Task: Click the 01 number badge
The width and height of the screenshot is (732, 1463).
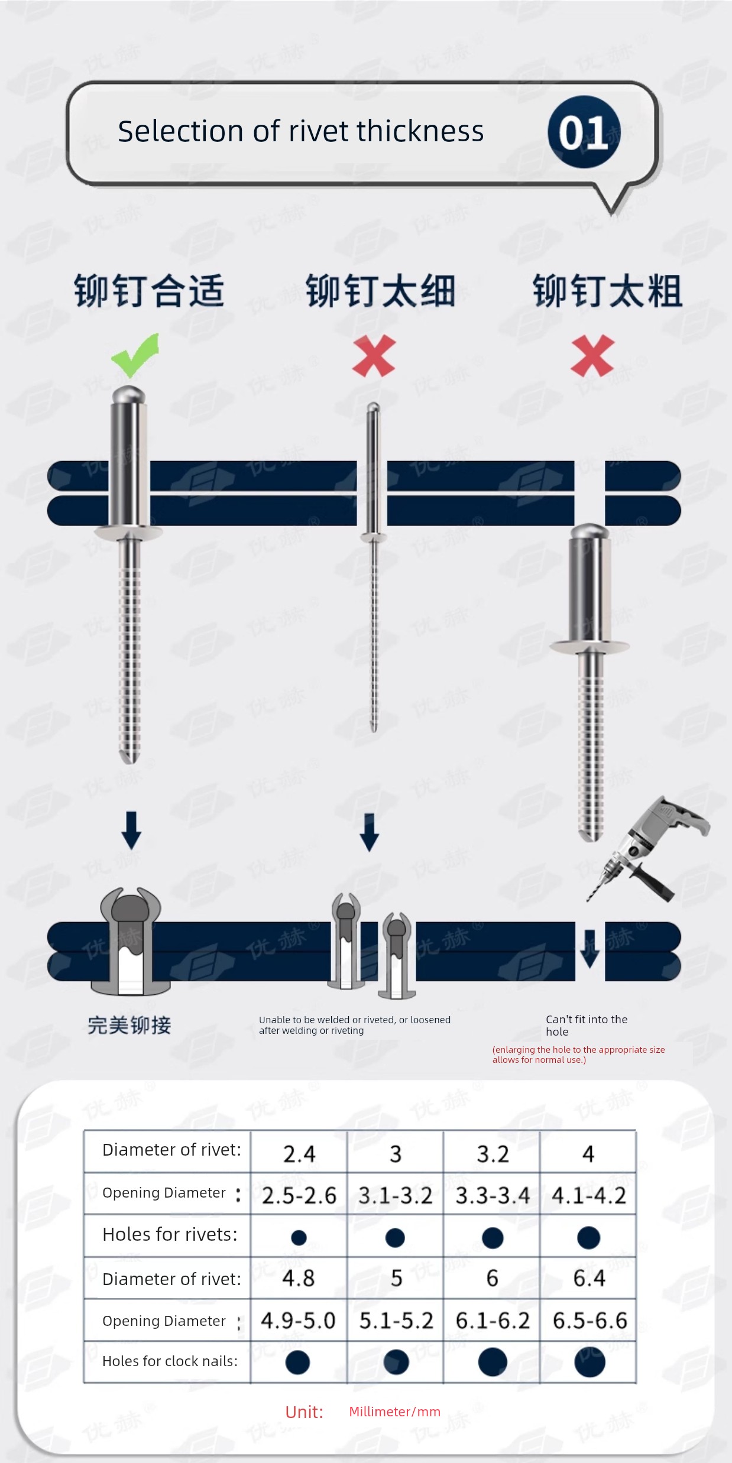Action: coord(584,132)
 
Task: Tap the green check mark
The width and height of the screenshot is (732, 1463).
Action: coord(135,355)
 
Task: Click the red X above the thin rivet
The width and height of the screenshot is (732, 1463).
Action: coord(374,355)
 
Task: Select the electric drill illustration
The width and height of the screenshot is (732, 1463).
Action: coord(648,848)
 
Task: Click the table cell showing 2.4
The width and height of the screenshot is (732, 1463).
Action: coord(299,1153)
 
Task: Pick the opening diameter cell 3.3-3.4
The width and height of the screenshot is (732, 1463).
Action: coord(493,1195)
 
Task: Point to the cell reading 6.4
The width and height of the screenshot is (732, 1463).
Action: coord(589,1278)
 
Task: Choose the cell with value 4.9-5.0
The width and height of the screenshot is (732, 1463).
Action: coord(298,1320)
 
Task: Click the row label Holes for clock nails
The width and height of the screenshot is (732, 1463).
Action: coord(170,1361)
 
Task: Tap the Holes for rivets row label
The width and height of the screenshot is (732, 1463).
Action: coord(170,1234)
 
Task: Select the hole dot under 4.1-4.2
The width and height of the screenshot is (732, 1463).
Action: coord(588,1237)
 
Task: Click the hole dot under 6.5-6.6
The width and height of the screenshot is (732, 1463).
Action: coord(590,1362)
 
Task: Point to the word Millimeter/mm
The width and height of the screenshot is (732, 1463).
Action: coord(394,1412)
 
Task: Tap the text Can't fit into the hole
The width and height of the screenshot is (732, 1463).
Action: coord(587,1025)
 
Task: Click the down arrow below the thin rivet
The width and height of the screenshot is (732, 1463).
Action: coord(370,832)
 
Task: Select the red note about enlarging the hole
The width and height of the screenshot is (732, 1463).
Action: coord(578,1055)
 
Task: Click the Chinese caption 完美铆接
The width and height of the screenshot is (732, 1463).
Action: coord(129,1025)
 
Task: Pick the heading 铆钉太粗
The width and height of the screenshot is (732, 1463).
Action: coord(608,291)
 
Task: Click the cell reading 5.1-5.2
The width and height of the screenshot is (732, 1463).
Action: coord(396,1320)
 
